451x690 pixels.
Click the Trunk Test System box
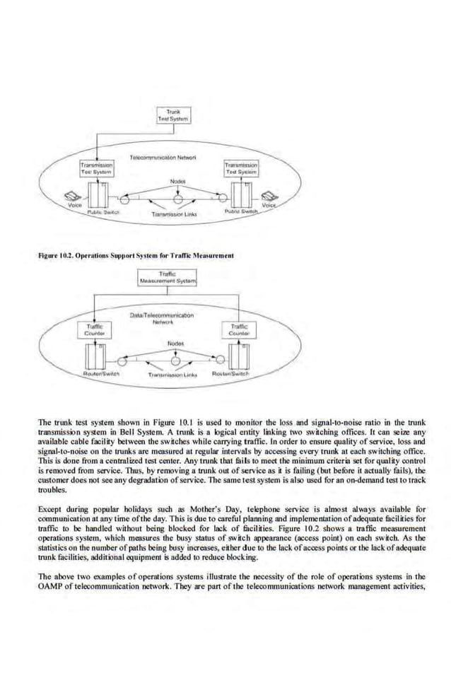pyautogui.click(x=172, y=115)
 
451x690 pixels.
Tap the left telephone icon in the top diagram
pyautogui.click(x=72, y=197)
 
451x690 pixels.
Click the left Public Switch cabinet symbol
pyautogui.click(x=99, y=194)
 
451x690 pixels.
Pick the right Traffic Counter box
pyautogui.click(x=240, y=329)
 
